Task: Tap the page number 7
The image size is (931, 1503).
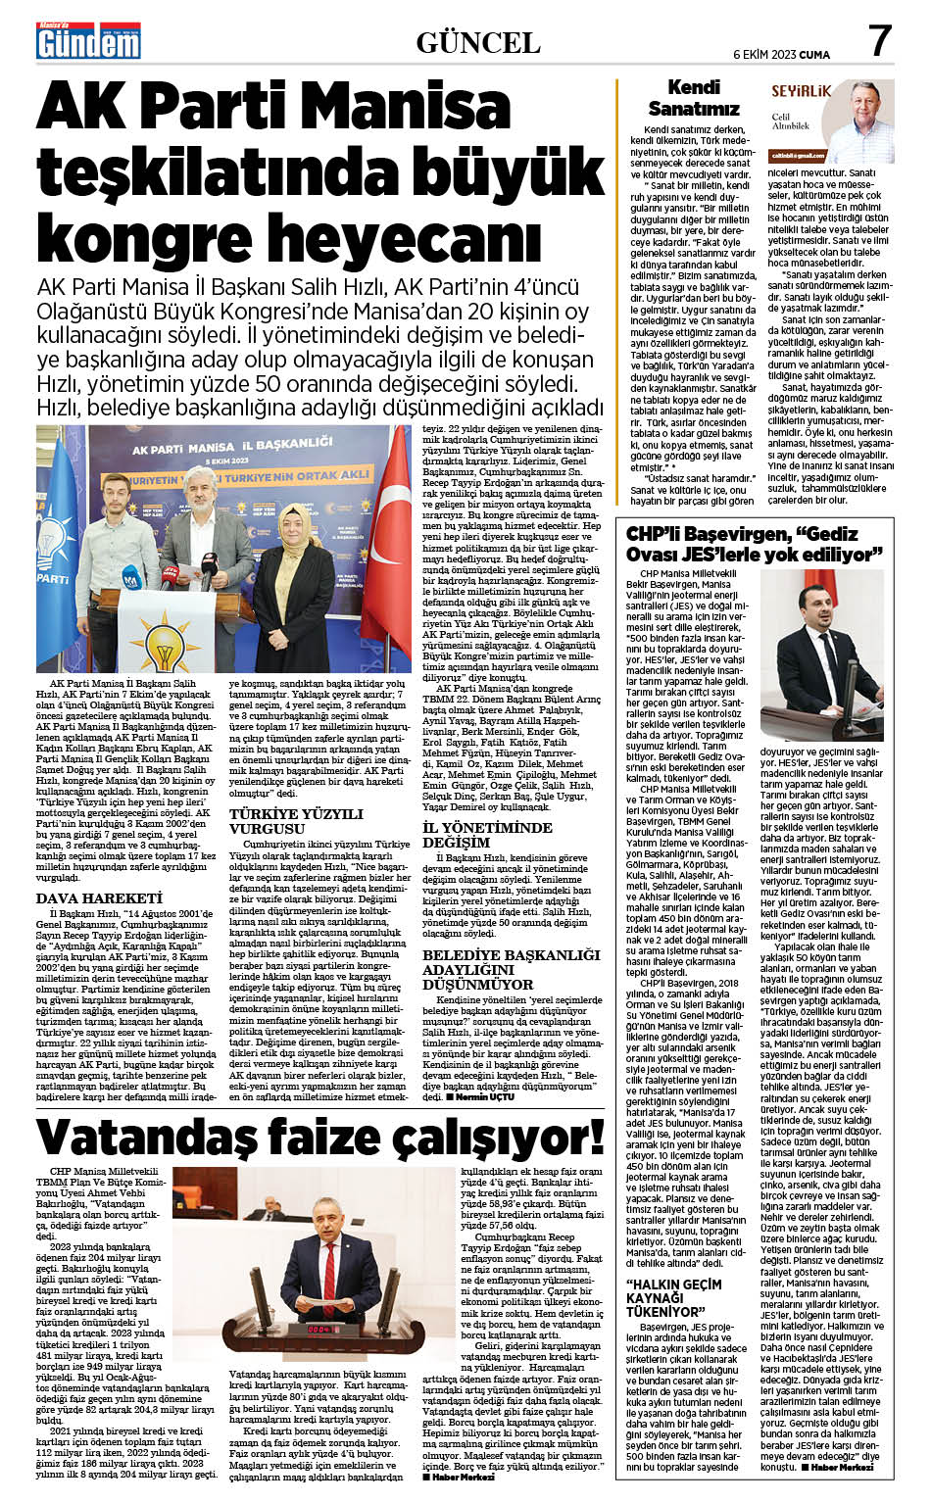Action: click(x=879, y=41)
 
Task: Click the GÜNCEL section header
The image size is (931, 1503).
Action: click(x=478, y=42)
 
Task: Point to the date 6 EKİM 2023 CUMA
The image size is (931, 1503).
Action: click(x=781, y=55)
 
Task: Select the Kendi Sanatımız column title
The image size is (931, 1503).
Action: click(x=693, y=99)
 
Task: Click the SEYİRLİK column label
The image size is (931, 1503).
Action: click(x=801, y=91)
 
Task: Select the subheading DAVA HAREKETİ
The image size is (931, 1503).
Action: click(x=98, y=897)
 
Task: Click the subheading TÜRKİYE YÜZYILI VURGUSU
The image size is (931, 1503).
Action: click(x=282, y=821)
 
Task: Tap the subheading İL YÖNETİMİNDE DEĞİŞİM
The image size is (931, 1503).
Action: click(x=487, y=835)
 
